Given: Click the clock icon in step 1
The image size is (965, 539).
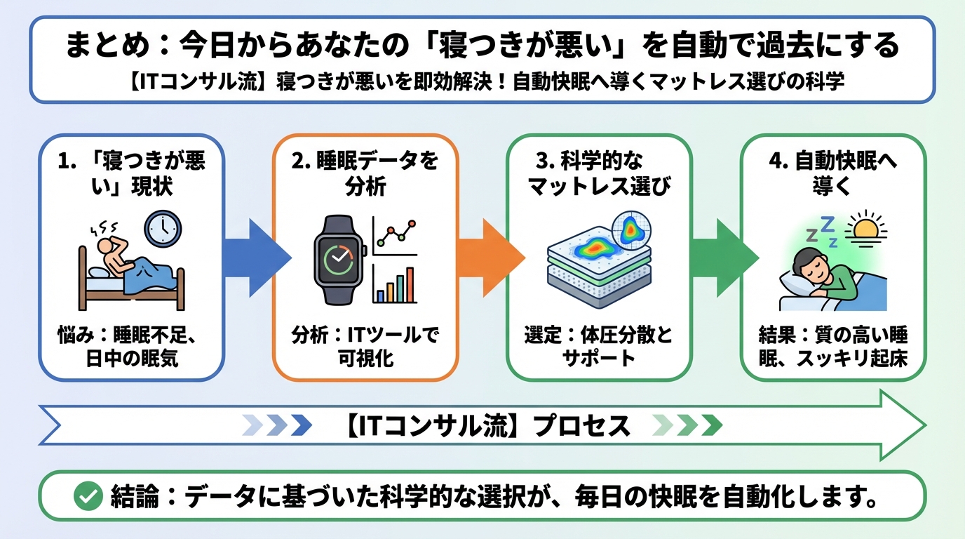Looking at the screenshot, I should [x=163, y=229].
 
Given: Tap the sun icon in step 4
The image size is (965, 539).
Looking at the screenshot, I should [x=867, y=229].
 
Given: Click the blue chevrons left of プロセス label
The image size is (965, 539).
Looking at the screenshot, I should [x=277, y=425].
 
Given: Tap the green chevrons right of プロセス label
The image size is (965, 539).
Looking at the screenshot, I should [x=687, y=425].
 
